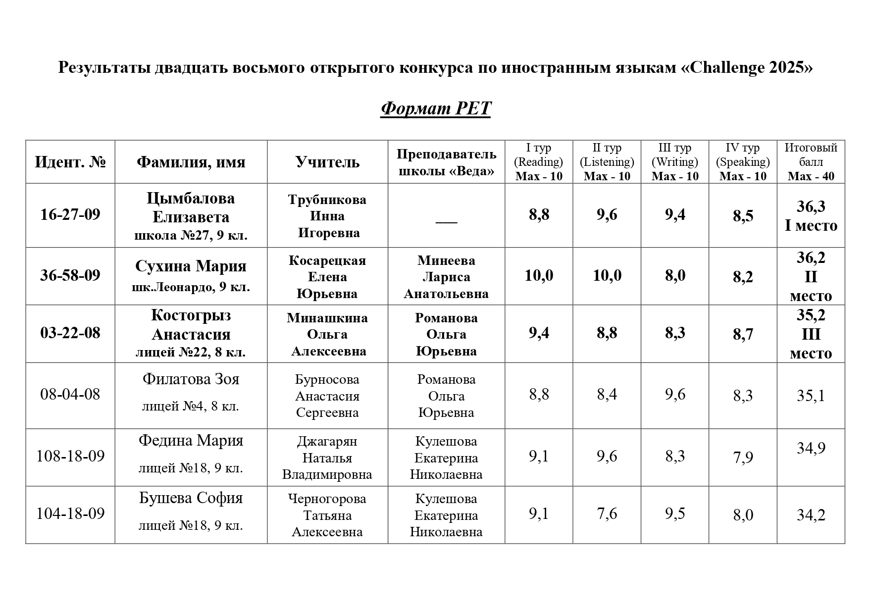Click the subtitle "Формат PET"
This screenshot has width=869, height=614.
click(435, 108)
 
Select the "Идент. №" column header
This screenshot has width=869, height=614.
click(70, 162)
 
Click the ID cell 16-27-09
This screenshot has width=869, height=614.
click(70, 214)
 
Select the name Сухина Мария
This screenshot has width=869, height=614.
click(191, 266)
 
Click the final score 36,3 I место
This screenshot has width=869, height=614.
click(811, 216)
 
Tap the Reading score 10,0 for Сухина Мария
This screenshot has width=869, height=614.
click(539, 275)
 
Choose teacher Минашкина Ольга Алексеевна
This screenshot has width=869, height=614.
click(327, 334)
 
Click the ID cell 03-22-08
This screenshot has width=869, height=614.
click(70, 333)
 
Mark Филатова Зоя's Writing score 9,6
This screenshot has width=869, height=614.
click(675, 394)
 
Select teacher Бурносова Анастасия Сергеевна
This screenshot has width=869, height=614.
click(327, 396)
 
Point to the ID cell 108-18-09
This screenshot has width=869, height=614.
click(70, 456)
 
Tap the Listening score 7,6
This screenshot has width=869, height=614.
click(607, 513)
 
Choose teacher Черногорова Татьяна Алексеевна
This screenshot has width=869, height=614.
click(327, 515)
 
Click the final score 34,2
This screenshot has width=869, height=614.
click(811, 515)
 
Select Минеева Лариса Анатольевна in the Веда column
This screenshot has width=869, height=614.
click(446, 277)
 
